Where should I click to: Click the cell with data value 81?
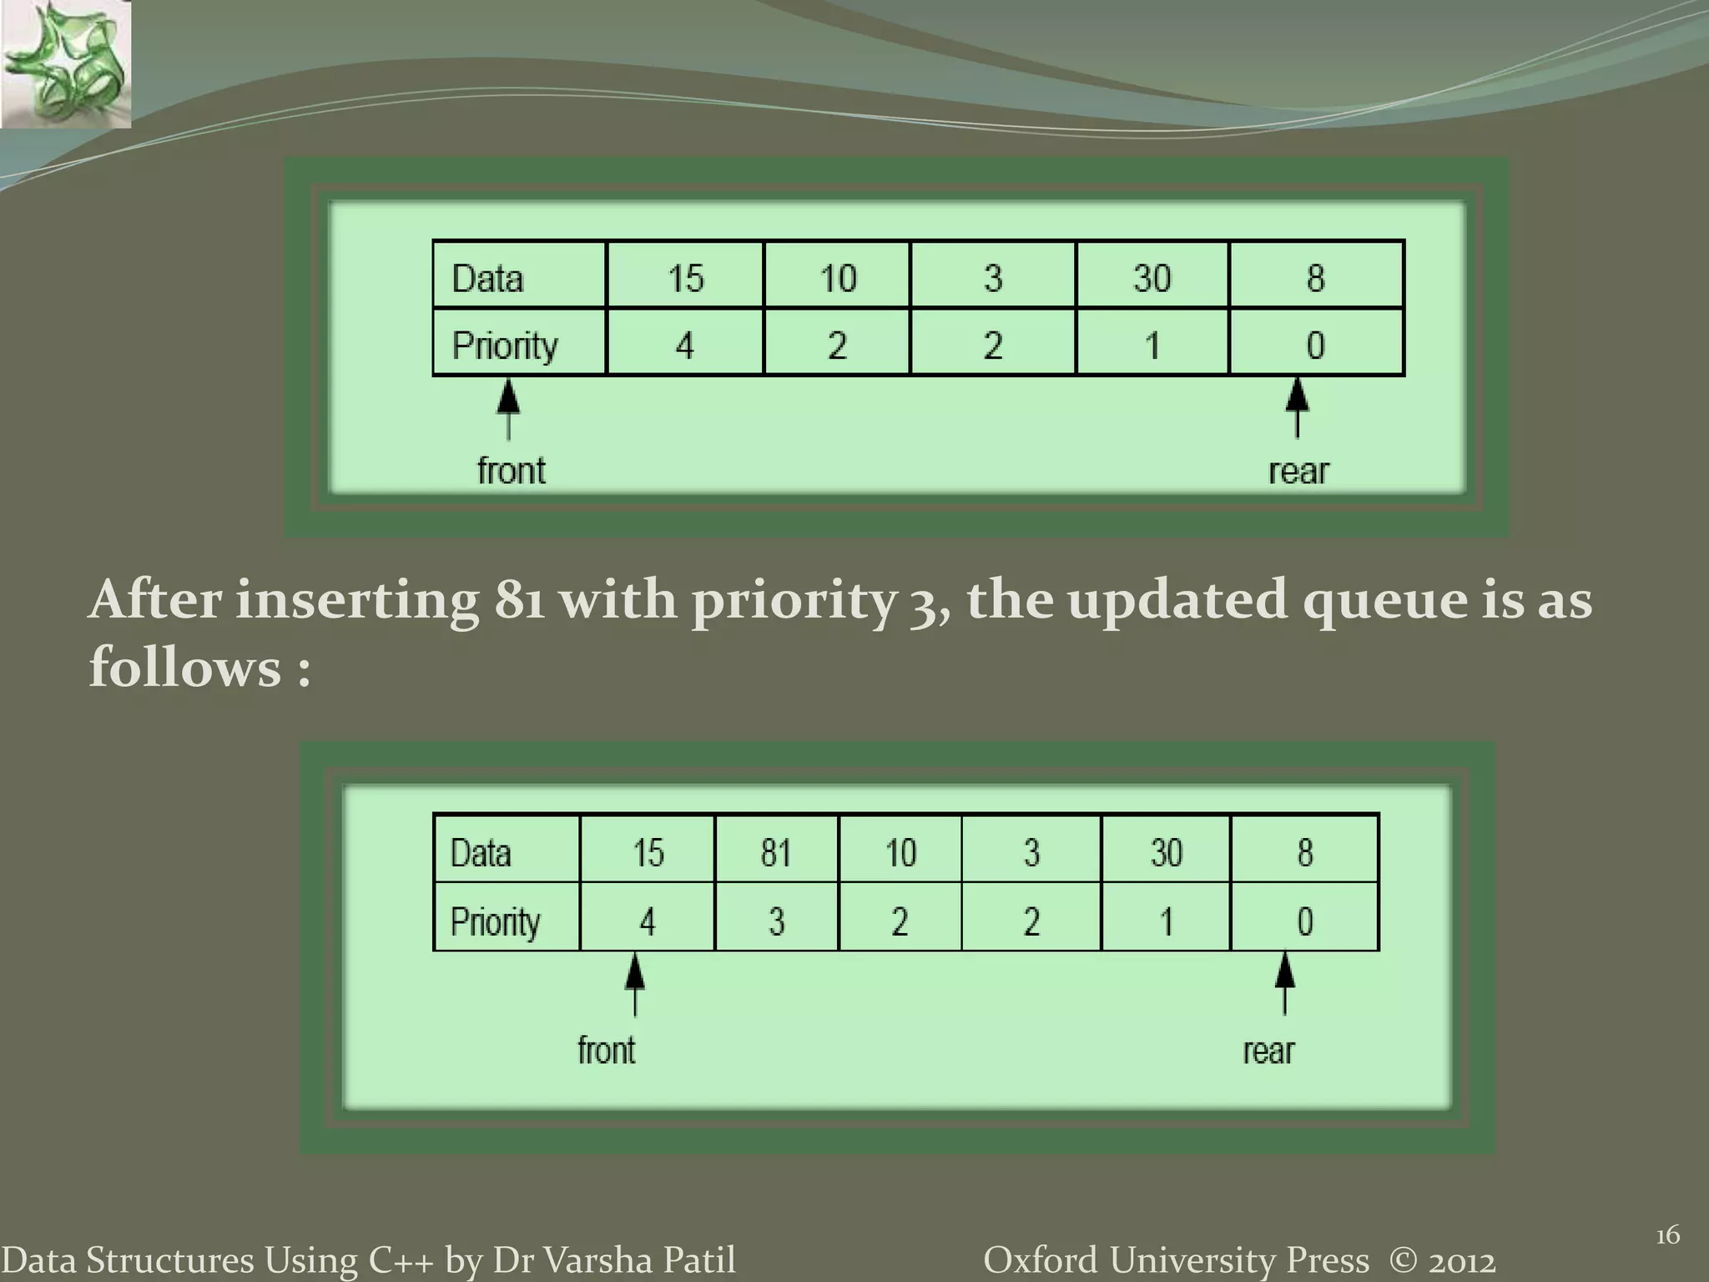[776, 851]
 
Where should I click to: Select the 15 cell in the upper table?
[685, 276]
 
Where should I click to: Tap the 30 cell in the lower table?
[1166, 851]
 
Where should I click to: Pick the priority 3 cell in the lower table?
[776, 920]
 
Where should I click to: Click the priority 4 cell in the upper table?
[685, 344]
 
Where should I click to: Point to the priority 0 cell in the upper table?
[1316, 344]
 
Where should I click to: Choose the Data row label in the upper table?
[488, 277]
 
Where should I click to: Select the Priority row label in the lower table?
[496, 921]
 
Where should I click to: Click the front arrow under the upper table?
[508, 409]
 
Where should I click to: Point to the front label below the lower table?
[607, 1050]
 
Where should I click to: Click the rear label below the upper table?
[1298, 471]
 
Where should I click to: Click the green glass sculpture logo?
[65, 63]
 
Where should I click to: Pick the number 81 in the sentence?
[519, 600]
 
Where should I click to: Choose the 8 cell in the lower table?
[1305, 851]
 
